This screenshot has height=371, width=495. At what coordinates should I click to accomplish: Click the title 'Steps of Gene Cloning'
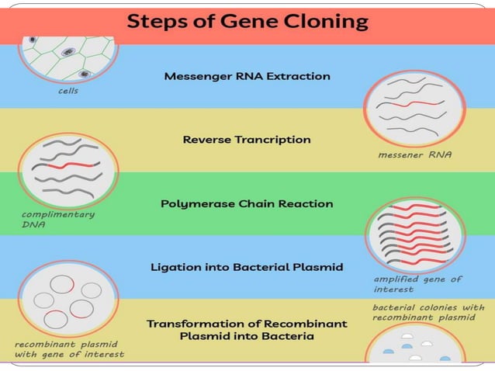coord(247,21)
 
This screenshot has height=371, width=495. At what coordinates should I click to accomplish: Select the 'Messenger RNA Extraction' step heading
coord(247,76)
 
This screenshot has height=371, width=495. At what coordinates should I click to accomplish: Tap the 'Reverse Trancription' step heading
coord(247,140)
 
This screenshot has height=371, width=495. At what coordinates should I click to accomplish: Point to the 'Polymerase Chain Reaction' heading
coord(247,203)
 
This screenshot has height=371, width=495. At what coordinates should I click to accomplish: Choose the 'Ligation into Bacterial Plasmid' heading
coord(247,267)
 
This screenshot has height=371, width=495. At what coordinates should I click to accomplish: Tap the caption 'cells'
coord(68,91)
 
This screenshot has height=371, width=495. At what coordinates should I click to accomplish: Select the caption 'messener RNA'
coord(414,154)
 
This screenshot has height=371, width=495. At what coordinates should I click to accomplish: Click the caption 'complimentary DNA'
coord(58,219)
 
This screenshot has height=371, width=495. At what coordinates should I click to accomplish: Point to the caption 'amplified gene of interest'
coord(417,283)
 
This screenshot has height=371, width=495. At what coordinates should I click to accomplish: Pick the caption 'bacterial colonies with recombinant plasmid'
coord(428,312)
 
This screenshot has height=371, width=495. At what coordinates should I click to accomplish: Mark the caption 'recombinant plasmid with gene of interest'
coord(69,348)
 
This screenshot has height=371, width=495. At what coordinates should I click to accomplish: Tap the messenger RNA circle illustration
coord(414,106)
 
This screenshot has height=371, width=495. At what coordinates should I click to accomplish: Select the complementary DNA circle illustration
coord(68,169)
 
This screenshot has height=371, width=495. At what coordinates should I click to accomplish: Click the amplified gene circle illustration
coord(414,233)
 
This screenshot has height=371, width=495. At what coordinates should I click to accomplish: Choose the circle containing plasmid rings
coord(68,298)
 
